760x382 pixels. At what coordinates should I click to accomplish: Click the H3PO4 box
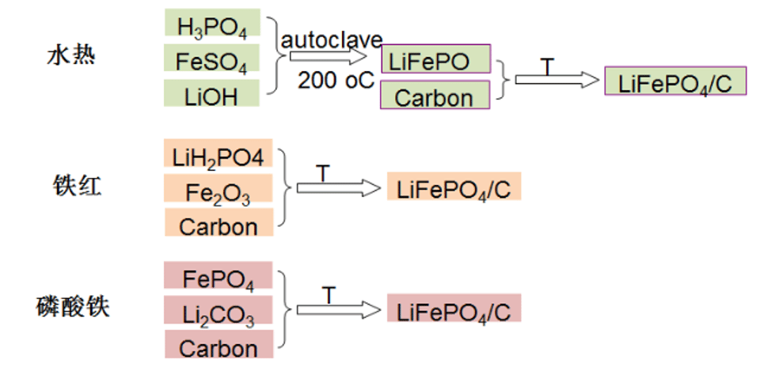point(212,22)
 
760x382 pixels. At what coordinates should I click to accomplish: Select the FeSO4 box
point(212,58)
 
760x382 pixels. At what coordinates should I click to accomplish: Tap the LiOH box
point(212,93)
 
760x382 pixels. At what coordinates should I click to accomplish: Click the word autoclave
point(332,40)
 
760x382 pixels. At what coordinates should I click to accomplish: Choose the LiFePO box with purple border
point(435,59)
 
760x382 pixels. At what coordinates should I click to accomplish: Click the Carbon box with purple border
point(435,95)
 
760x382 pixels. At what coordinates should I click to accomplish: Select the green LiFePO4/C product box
point(675,81)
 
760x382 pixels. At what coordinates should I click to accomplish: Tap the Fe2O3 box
point(218,188)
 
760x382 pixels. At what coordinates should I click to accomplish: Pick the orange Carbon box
point(219,222)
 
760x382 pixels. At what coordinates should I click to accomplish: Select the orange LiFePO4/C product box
point(454,186)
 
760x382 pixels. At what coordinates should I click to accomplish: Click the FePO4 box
point(218,275)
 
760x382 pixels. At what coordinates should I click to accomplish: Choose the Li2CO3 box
point(218,310)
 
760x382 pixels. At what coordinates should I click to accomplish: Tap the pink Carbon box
point(219,344)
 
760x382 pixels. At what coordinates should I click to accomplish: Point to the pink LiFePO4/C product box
point(454,308)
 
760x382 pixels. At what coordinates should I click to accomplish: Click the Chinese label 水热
point(71,55)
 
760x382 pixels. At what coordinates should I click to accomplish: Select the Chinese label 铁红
point(78,186)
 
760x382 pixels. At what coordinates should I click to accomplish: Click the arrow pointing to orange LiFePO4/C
point(339,188)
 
